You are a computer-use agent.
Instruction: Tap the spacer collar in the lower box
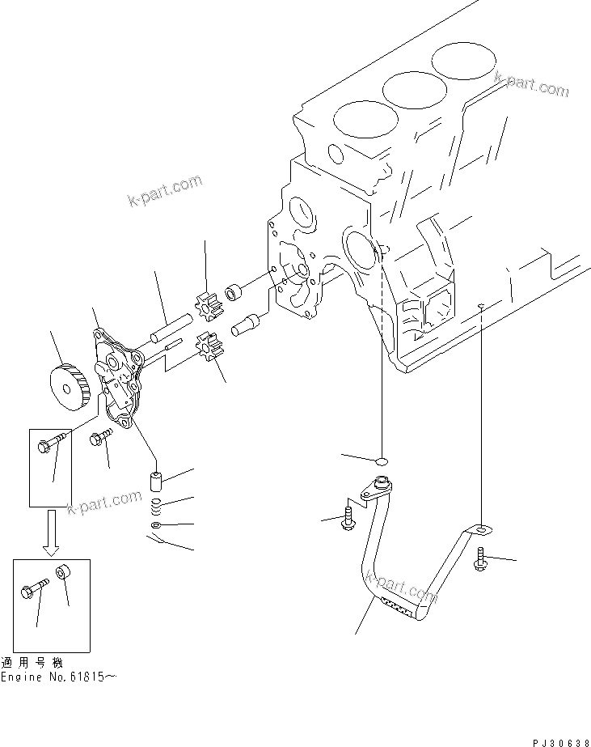(x=64, y=575)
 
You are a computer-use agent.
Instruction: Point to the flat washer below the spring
(x=156, y=527)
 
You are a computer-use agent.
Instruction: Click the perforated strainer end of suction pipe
(x=396, y=605)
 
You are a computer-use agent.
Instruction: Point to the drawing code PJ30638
(x=553, y=738)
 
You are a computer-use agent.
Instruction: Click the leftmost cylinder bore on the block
(x=364, y=120)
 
